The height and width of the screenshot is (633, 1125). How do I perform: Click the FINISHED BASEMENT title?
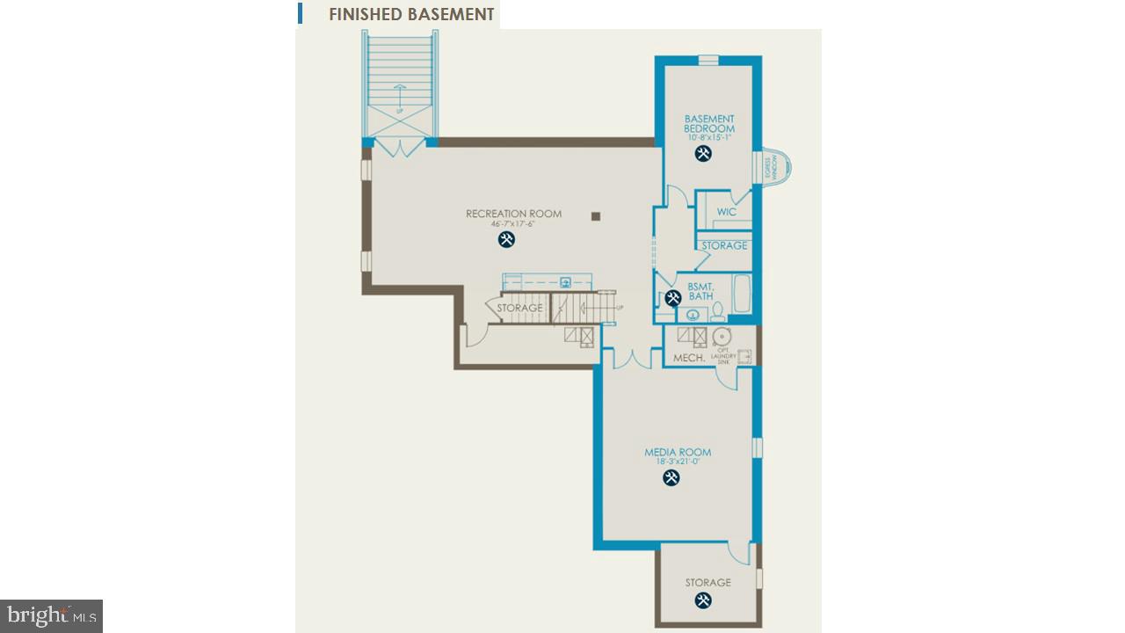[x=411, y=14]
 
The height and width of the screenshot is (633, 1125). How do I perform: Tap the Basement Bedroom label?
[x=709, y=124]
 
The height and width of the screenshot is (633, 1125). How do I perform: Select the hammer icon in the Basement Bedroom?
[x=703, y=154]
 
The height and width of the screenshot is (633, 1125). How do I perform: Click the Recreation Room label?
[x=513, y=214]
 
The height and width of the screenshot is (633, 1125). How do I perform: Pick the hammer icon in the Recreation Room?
[x=506, y=239]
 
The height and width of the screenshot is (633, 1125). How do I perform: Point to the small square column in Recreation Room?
[x=596, y=215]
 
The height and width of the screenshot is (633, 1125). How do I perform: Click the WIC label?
[x=726, y=212]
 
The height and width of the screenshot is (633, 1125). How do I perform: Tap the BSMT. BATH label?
[x=700, y=292]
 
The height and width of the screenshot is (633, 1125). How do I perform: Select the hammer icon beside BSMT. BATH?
[x=673, y=298]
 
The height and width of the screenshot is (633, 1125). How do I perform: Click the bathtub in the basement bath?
[x=741, y=294]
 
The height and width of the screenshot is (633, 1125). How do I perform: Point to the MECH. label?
[x=688, y=358]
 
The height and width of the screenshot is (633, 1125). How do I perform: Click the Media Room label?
[x=678, y=453]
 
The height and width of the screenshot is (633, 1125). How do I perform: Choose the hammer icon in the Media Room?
[x=671, y=478]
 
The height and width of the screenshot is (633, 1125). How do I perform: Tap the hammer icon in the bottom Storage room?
[x=703, y=600]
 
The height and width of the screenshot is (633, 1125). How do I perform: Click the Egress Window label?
[x=769, y=166]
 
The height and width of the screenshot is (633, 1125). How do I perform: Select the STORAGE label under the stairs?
[x=519, y=309]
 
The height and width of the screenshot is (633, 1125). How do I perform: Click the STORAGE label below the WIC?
[x=724, y=245]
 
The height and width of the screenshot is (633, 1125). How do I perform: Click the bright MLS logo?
[x=51, y=615]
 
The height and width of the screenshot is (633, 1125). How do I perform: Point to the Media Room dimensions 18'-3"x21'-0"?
[x=678, y=462]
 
